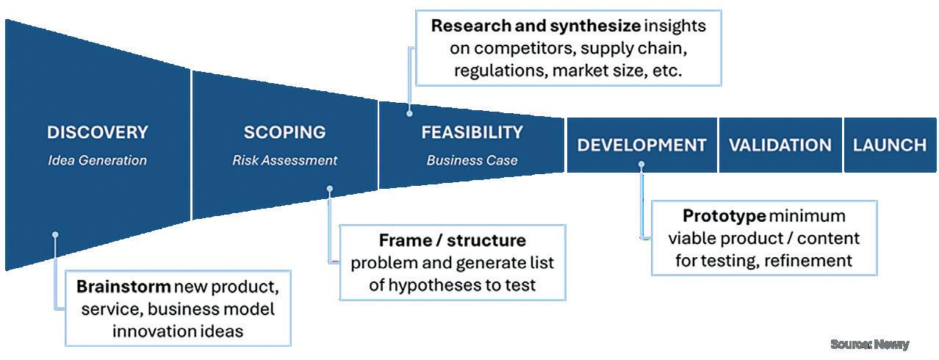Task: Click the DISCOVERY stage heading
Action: tap(97, 133)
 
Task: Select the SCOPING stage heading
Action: tap(284, 133)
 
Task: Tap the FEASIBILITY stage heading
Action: tap(472, 133)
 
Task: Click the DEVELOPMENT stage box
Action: tap(641, 145)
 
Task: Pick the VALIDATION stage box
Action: tap(780, 145)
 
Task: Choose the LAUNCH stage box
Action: tap(890, 145)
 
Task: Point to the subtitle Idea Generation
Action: tap(97, 160)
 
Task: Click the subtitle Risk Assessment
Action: tap(284, 160)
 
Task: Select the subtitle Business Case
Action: tap(472, 160)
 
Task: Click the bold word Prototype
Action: tap(724, 216)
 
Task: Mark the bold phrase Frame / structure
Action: tap(452, 240)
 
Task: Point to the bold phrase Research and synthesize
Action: tap(536, 26)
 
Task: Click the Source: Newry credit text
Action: tap(870, 344)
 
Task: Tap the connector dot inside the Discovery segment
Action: tap(55, 235)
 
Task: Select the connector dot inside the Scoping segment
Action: tap(330, 189)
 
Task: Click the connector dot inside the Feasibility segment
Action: tap(409, 114)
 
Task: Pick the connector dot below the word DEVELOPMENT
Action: tap(641, 165)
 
